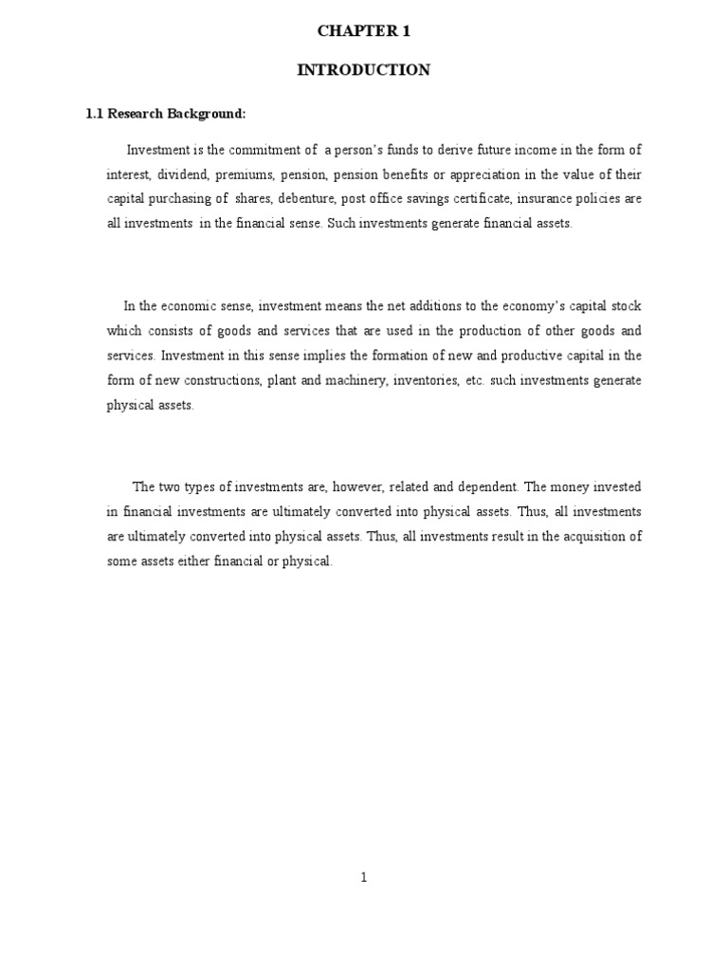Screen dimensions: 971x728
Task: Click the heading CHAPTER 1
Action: [x=363, y=31]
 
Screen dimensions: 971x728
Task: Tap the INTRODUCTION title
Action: [x=363, y=70]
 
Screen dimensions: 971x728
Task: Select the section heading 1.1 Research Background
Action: [x=166, y=114]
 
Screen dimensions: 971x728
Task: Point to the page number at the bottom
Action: [x=363, y=877]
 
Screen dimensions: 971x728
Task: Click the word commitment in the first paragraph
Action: [x=284, y=150]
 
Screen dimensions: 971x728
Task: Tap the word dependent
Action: [x=482, y=487]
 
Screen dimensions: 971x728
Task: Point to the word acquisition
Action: [x=591, y=537]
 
